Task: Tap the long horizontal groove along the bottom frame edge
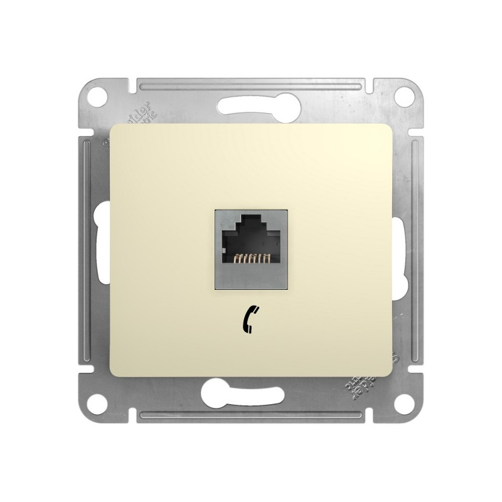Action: pyautogui.click(x=251, y=415)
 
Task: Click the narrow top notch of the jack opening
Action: pyautogui.click(x=250, y=220)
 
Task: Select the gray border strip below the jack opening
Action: pyautogui.click(x=251, y=277)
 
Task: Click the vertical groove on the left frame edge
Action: pyautogui.click(x=86, y=250)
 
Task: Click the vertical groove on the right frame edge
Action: pyautogui.click(x=415, y=250)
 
